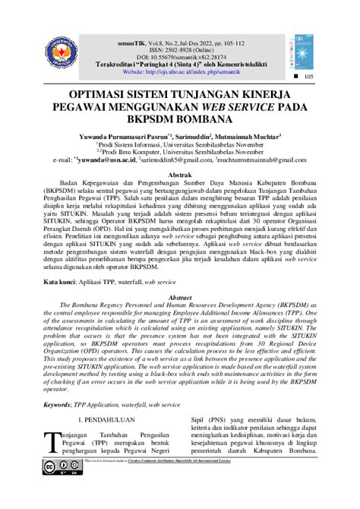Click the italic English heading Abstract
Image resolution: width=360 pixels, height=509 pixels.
tap(179, 298)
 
